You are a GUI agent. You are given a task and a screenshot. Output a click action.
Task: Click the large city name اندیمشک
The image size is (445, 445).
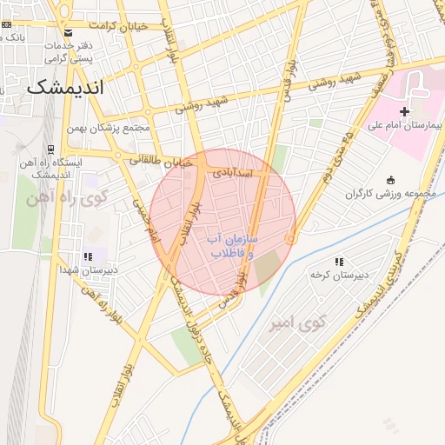point(64,88)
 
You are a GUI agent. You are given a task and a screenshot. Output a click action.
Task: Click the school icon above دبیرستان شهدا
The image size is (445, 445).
point(88,256)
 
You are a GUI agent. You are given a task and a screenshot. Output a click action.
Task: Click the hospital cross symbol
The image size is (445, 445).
point(404,111)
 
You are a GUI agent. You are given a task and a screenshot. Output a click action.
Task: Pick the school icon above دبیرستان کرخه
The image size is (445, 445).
point(339,261)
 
